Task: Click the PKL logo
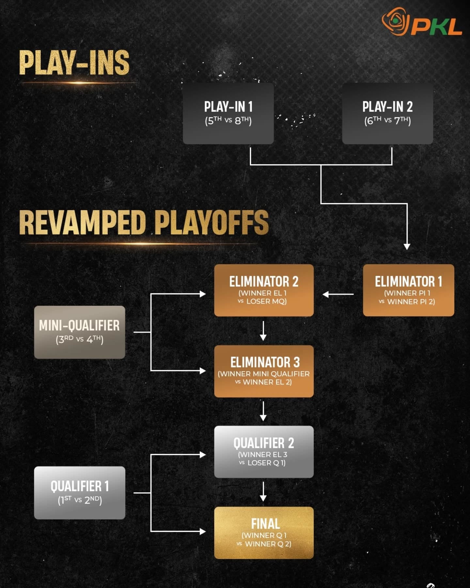[x=422, y=22]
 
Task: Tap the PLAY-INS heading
[x=74, y=63]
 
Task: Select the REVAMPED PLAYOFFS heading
[x=144, y=222]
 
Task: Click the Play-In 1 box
[x=228, y=113]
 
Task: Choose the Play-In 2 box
[x=387, y=113]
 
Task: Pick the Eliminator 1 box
[x=408, y=290]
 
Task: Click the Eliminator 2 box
[x=264, y=290]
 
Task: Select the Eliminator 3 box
[x=264, y=371]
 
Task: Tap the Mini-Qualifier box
[x=80, y=332]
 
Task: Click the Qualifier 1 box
[x=80, y=493]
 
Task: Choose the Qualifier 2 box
[x=264, y=451]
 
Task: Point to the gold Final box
[x=264, y=532]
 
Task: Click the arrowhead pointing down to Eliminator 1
[x=407, y=246]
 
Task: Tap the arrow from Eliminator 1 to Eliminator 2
[x=338, y=294]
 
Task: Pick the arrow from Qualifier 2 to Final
[x=263, y=492]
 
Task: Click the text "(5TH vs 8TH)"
[x=228, y=121]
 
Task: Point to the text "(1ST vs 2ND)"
[x=80, y=500]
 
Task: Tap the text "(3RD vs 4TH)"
[x=80, y=339]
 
